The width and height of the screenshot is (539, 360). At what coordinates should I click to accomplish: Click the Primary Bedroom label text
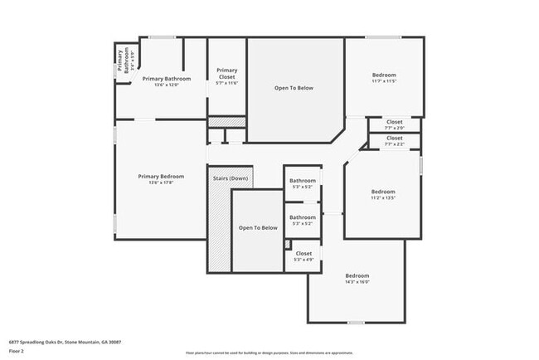(161, 176)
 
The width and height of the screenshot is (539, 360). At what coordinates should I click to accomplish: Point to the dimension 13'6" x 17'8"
(161, 182)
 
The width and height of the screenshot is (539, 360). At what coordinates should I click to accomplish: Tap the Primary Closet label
(226, 73)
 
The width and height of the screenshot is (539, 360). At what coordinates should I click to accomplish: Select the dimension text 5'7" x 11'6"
(226, 83)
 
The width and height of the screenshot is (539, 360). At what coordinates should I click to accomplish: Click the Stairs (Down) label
(231, 178)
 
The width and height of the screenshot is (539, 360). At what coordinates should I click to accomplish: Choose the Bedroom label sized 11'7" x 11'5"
(383, 75)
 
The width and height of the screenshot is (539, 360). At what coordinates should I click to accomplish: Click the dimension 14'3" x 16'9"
(357, 282)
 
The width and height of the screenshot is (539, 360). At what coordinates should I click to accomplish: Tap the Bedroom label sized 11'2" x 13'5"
(382, 192)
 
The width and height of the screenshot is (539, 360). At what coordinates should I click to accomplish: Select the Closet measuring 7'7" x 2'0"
(395, 124)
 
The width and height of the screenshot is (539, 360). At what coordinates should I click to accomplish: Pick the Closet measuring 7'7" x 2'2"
(395, 141)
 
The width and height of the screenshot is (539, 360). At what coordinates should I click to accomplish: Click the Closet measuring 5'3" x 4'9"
(303, 256)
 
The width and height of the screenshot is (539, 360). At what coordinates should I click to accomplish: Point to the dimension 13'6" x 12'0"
(166, 85)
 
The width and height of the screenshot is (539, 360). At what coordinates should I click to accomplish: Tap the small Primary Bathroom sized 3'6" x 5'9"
(123, 59)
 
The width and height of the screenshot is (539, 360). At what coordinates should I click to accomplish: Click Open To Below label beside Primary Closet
(294, 88)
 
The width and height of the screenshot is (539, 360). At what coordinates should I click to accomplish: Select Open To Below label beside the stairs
(258, 227)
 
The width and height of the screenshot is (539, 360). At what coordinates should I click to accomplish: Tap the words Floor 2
(17, 350)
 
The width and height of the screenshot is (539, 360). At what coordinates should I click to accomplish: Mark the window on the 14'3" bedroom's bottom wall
(356, 322)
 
